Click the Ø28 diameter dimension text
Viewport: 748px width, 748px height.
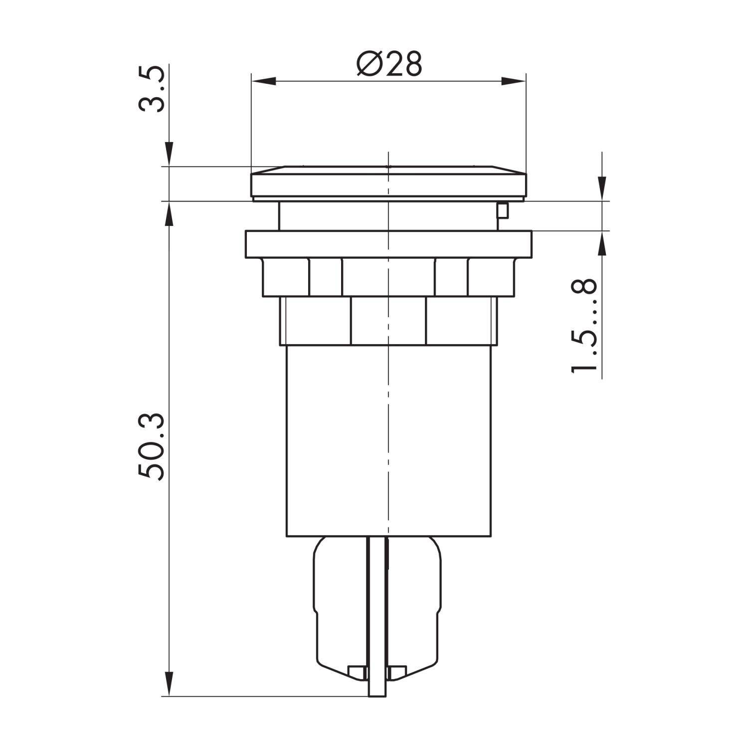click(x=389, y=64)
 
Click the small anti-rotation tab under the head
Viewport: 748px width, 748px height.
click(x=502, y=211)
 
